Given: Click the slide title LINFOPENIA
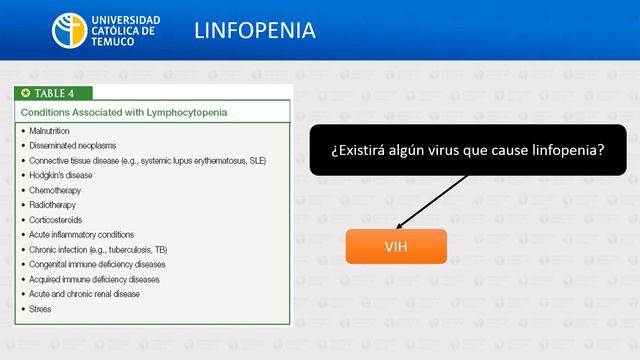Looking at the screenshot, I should click(x=255, y=31).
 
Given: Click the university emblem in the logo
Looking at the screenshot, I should click(x=71, y=31).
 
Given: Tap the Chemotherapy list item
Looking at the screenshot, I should click(x=56, y=190).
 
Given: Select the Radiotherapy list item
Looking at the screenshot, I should click(x=56, y=205).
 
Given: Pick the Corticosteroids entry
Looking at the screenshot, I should click(x=58, y=219).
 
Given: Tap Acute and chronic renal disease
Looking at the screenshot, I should click(x=85, y=294).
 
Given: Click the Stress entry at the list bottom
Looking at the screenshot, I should click(x=41, y=309).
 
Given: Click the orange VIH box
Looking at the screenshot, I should click(x=396, y=246).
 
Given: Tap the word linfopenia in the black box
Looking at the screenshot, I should click(x=565, y=149).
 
